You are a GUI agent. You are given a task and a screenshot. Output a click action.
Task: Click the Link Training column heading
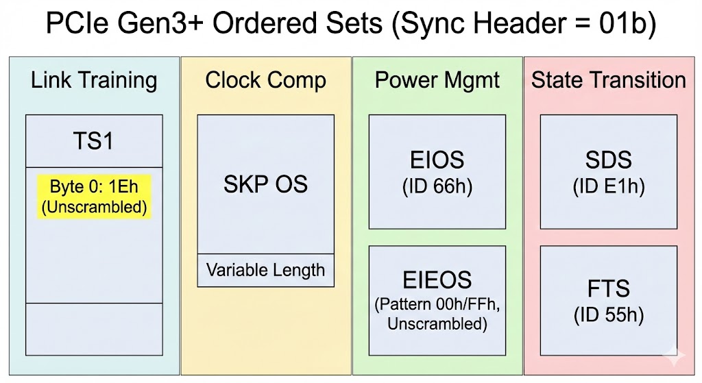pos(94,81)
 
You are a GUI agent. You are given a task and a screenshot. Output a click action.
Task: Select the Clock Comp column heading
pos(265,81)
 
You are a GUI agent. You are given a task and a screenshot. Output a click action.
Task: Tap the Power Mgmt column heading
pos(437,81)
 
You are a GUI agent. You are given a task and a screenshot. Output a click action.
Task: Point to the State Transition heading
pos(609,80)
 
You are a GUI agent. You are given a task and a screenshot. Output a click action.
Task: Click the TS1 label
pos(93,141)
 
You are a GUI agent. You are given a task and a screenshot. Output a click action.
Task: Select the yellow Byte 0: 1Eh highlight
pos(94,197)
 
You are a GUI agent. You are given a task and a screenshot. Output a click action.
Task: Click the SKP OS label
pos(265,184)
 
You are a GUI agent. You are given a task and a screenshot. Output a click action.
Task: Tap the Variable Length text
pos(265,270)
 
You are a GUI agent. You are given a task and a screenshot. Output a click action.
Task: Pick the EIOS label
pos(437,160)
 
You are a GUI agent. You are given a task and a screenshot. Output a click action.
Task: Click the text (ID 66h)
pos(437,186)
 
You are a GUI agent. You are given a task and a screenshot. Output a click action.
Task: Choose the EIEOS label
pos(437,280)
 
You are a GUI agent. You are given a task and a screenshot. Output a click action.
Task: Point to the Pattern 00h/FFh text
pos(437,305)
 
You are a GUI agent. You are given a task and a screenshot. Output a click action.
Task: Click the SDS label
pos(609,160)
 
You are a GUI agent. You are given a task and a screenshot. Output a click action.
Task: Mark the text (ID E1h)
pos(609,186)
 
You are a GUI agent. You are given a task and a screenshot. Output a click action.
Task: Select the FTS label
pos(609,288)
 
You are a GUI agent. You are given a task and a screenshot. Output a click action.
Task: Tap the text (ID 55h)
pos(609,315)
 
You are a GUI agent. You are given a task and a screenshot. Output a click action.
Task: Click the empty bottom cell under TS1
pos(94,330)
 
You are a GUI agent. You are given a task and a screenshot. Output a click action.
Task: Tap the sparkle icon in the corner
pos(674,356)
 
